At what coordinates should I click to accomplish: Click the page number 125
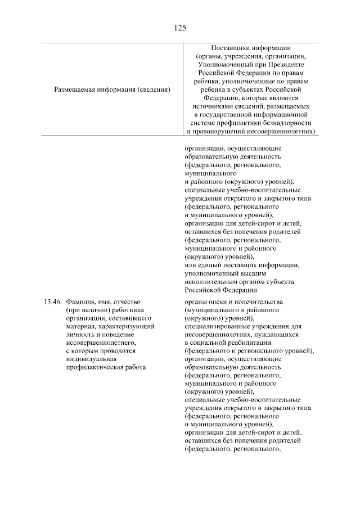coord(180,27)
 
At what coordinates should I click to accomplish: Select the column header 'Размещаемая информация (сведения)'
coord(112,89)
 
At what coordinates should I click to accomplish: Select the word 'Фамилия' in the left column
coord(80,301)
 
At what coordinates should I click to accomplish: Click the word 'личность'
coord(79,334)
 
